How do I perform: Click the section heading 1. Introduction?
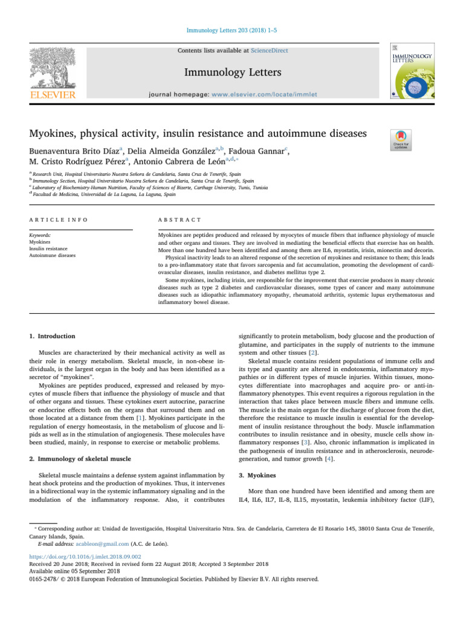click(x=53, y=335)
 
